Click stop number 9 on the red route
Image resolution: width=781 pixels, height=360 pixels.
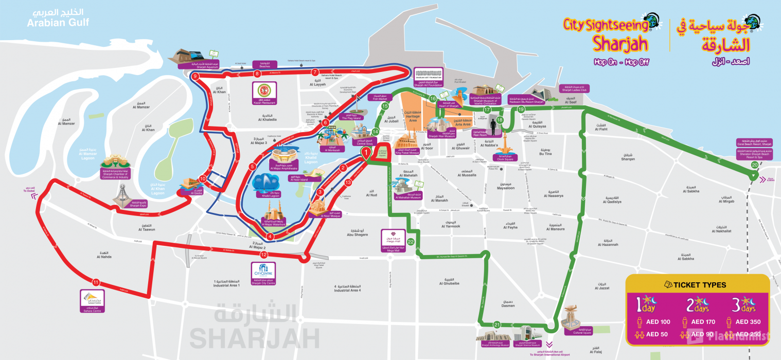click(x=195, y=77)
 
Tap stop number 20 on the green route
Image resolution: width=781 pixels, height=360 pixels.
click(x=754, y=165)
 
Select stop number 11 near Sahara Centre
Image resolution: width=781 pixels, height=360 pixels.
click(x=96, y=282)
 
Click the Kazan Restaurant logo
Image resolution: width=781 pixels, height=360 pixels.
click(x=264, y=91)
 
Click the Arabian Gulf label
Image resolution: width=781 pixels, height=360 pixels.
click(x=58, y=23)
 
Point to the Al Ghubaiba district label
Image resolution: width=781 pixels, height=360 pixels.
click(x=449, y=283)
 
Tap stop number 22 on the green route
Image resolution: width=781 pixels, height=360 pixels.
click(x=411, y=241)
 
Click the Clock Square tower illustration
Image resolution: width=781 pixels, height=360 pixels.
click(x=505, y=143)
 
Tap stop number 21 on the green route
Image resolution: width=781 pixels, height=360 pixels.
click(x=496, y=325)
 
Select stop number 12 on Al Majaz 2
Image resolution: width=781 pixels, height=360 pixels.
click(x=264, y=255)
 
